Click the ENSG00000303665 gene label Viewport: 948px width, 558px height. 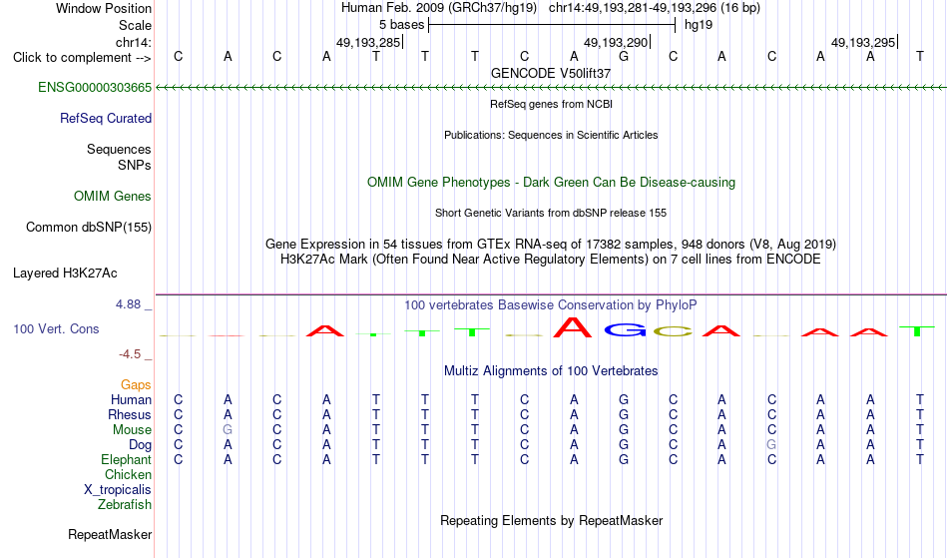pos(95,88)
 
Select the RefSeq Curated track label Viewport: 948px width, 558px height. pos(106,119)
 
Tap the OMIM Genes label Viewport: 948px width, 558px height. pos(113,197)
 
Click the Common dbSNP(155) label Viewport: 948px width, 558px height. pos(89,228)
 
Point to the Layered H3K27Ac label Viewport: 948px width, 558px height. pos(65,274)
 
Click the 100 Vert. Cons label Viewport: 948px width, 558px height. pos(56,328)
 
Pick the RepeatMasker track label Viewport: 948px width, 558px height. pos(110,534)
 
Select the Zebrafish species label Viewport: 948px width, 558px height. pos(125,505)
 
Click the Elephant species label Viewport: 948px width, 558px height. pos(127,460)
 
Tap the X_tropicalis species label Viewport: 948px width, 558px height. pos(118,490)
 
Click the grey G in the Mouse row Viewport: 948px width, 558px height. pos(228,430)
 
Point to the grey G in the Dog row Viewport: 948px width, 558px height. pos(771,445)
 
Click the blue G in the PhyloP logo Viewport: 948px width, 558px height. pos(625,329)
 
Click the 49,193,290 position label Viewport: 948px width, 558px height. pos(616,42)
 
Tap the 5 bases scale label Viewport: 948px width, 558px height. pos(401,25)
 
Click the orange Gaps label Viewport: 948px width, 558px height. pos(136,385)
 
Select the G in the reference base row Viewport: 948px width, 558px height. pos(624,57)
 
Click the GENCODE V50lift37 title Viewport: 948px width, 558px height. pos(551,73)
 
